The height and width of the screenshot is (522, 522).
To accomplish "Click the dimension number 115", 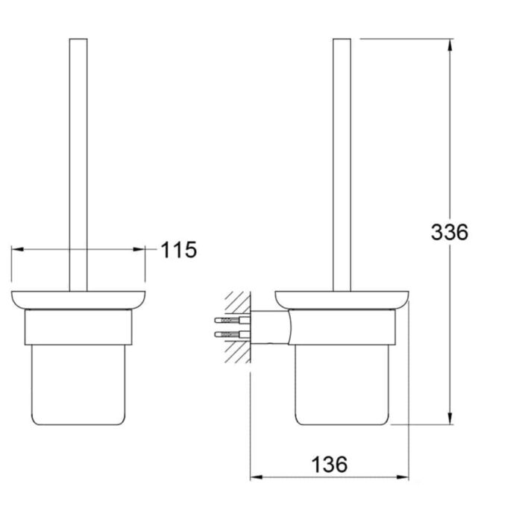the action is coord(179,250).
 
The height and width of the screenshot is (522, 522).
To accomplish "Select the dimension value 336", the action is coord(450,232).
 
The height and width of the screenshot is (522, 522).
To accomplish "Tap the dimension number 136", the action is coord(330,465).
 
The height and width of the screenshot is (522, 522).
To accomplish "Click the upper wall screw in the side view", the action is coord(232,321).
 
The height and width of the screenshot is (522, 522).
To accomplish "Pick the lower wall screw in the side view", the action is coord(232,333).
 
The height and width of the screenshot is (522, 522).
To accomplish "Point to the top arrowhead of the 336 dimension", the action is coord(450,45).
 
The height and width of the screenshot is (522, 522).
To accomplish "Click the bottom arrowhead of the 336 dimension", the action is coord(450,418).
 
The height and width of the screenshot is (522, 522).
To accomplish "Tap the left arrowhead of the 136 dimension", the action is coord(257,477).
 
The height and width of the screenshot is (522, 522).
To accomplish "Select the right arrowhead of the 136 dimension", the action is coord(403,477).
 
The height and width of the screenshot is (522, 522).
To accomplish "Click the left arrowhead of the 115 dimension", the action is coord(17,249).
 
